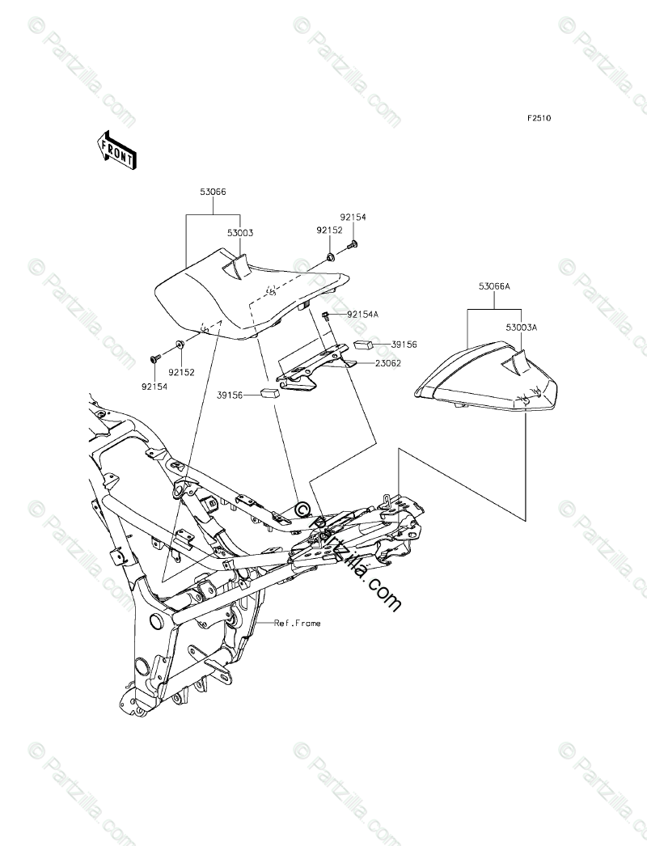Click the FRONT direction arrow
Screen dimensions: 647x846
pos(116,150)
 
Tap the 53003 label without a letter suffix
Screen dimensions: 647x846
pos(240,233)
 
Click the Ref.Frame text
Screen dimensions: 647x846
pos(297,623)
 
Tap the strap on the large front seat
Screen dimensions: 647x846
pos(235,266)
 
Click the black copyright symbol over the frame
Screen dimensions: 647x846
pos(303,509)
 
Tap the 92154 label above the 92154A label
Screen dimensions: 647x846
pos(353,218)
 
